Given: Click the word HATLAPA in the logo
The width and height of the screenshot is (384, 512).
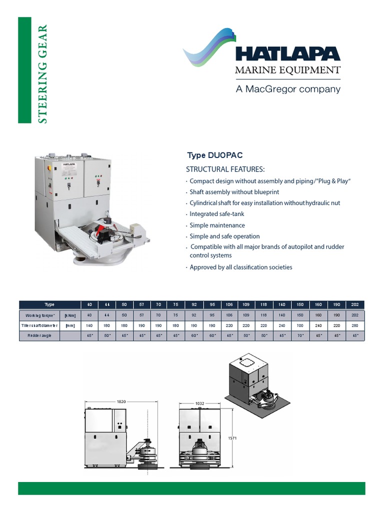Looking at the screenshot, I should [287, 54].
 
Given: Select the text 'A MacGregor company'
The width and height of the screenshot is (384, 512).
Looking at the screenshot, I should [287, 89].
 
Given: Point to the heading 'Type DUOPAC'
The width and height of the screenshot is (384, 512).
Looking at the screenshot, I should [214, 155].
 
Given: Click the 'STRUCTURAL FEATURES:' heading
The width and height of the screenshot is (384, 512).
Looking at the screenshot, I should [225, 169].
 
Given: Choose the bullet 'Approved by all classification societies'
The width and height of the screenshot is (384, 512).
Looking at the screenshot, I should [240, 267].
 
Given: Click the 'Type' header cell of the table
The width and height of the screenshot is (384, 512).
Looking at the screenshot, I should [49, 304].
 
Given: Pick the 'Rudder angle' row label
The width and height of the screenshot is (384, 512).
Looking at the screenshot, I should [39, 336].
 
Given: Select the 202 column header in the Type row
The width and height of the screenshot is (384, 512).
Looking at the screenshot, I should [355, 304].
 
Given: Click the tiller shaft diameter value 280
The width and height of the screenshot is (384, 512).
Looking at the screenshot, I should [355, 325].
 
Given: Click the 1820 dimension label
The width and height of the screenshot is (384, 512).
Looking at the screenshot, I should [121, 401].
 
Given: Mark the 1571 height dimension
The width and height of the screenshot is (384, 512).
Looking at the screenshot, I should [231, 438].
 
